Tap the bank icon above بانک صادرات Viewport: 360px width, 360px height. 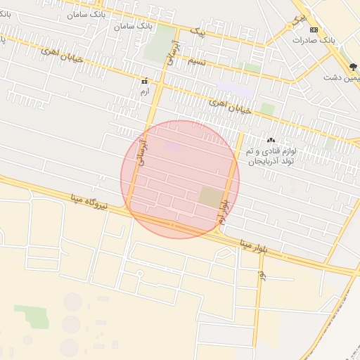click(x=314, y=30)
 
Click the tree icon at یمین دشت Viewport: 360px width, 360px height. click(x=353, y=67)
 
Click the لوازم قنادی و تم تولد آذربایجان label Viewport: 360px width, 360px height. click(x=271, y=156)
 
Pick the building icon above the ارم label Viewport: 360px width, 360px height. click(x=144, y=81)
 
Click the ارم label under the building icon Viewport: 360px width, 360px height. click(x=144, y=91)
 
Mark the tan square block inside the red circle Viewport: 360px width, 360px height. click(x=210, y=197)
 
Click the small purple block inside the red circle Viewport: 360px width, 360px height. click(x=172, y=146)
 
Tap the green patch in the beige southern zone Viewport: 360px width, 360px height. click(x=32, y=316)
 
